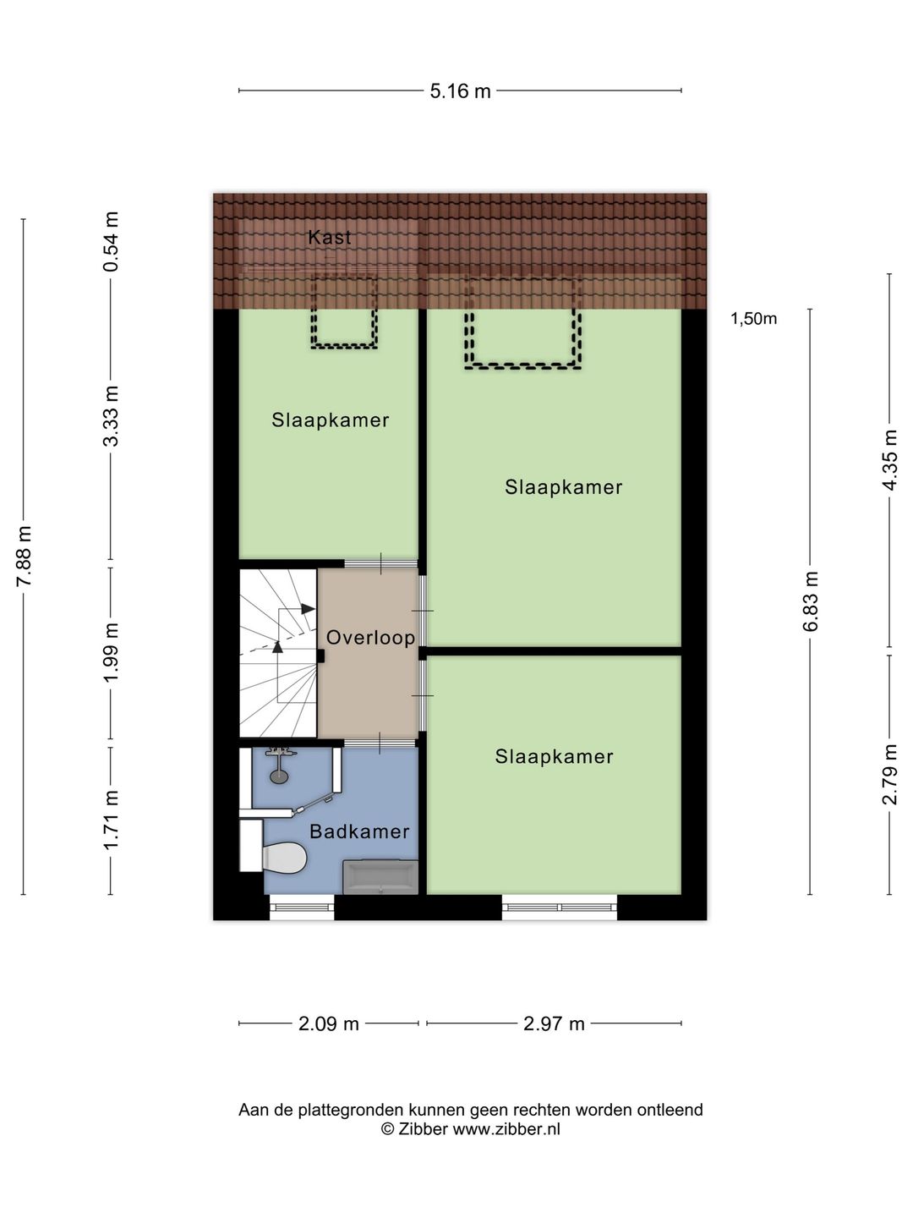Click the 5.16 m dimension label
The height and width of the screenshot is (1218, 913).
[x=460, y=91]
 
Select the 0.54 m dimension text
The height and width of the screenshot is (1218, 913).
[x=111, y=241]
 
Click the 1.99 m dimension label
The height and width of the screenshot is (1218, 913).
[x=111, y=652]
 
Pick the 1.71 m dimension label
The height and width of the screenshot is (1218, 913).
[x=111, y=820]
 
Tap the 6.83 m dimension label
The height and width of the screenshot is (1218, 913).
[x=811, y=601]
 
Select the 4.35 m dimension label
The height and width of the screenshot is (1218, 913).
[x=889, y=459]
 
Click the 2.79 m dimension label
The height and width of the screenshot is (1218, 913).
[x=889, y=774]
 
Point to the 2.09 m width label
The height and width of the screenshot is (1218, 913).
[x=329, y=1024]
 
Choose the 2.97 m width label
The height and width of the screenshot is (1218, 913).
[x=554, y=1024]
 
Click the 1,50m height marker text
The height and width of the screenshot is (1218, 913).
[x=753, y=319]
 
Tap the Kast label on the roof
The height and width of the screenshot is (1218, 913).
[x=330, y=238]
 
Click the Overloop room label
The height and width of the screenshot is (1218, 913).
[x=370, y=638]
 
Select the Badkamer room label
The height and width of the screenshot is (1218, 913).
[x=359, y=831]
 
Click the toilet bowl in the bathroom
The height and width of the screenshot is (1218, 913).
[x=285, y=857]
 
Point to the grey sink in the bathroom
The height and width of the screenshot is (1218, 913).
[x=380, y=876]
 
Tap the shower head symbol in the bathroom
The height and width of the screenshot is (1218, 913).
[x=278, y=773]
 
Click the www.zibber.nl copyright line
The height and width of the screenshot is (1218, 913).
[x=470, y=1129]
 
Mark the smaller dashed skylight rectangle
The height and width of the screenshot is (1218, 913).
[x=344, y=311]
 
